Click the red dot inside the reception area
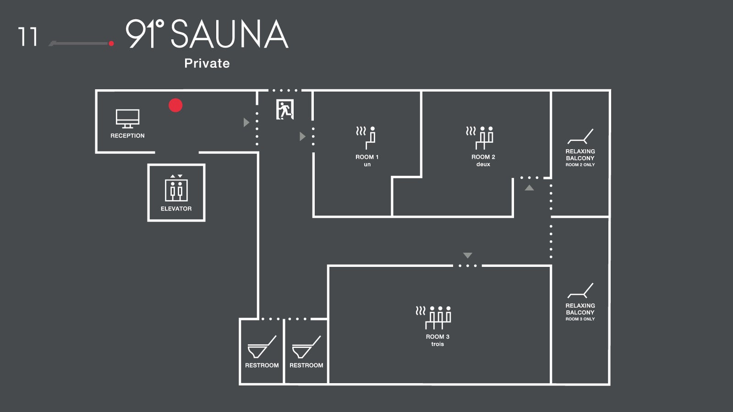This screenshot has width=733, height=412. (175, 105)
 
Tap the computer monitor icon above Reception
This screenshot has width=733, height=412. (127, 119)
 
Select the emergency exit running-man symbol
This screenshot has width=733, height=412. (284, 110)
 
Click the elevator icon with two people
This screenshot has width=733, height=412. (176, 189)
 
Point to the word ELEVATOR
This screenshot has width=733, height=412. (176, 209)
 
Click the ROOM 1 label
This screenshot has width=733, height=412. (367, 157)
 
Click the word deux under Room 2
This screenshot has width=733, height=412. (483, 164)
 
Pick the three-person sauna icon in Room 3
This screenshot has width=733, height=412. (434, 317)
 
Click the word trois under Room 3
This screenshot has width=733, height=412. (438, 344)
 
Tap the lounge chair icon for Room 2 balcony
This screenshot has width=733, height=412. (580, 136)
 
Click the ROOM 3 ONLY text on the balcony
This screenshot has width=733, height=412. (580, 319)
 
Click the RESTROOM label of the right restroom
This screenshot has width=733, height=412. (306, 365)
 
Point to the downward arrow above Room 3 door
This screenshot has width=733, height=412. (467, 255)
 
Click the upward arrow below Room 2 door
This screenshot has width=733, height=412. (529, 188)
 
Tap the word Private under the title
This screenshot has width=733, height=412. (207, 63)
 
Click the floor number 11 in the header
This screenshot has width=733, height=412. (27, 37)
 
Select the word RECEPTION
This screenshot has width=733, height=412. (127, 136)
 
